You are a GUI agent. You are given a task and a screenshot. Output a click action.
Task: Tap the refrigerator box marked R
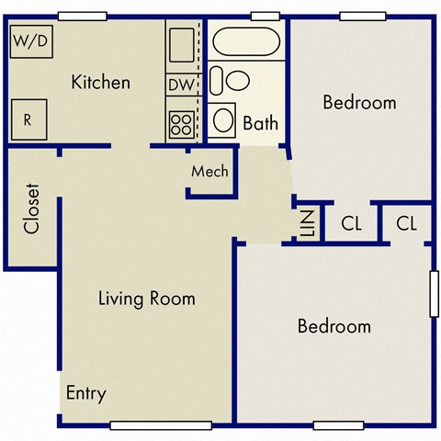tap(28, 119)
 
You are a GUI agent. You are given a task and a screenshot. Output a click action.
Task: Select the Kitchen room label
tap(100, 83)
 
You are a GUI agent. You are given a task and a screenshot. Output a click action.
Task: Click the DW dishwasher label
tap(180, 85)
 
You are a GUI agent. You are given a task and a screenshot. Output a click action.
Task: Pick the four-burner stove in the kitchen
tap(181, 123)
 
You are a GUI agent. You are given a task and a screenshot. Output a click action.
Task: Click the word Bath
tap(261, 122)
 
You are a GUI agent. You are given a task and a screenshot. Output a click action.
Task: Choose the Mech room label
tap(209, 172)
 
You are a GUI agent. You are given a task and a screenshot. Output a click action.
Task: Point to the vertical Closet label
tap(32, 209)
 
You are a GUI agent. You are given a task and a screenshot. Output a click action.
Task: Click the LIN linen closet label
tap(309, 222)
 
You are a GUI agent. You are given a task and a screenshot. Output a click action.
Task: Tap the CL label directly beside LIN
tap(351, 222)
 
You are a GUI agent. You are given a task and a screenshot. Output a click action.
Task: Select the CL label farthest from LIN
tap(408, 222)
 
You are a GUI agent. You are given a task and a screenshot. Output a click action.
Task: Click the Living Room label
tap(147, 299)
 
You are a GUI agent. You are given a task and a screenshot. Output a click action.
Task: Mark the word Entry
tap(85, 393)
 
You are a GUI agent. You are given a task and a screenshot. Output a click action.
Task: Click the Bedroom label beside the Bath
tap(359, 102)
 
